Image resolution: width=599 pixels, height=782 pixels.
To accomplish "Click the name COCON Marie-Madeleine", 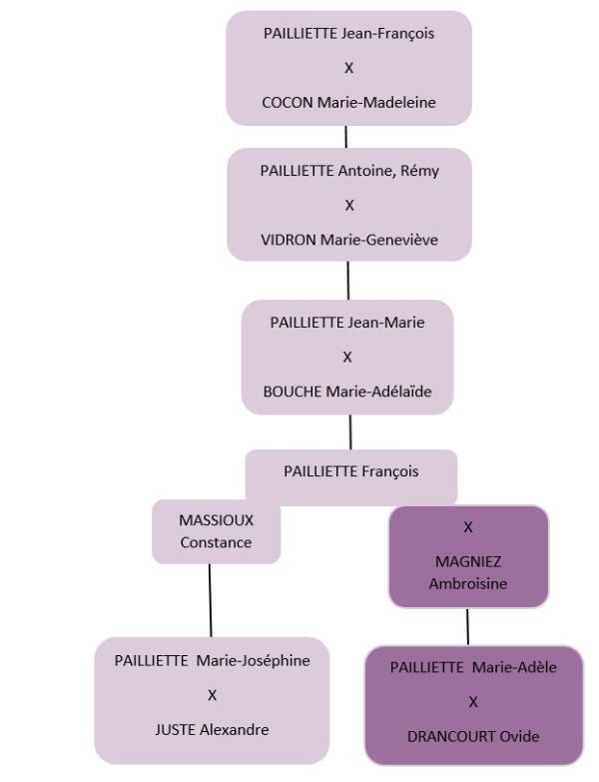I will pos(348,102).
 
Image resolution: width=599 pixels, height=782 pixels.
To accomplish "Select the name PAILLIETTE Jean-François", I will pos(348,34).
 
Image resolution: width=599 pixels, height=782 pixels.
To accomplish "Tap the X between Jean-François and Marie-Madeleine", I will pos(348,68).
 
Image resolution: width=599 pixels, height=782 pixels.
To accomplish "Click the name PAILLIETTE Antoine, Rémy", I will pos(349,171).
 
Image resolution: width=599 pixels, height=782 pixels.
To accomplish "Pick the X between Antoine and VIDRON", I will pos(349,205).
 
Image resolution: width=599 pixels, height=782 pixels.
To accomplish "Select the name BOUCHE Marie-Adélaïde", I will pos(348,391).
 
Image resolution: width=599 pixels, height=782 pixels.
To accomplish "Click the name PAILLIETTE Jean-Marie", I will pos(347,323).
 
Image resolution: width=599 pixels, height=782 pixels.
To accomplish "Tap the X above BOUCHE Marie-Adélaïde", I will pos(347,357).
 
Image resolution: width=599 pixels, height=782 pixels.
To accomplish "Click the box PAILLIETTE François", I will pos(351,472).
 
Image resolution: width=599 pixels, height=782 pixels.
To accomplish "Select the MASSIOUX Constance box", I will pos(216,531).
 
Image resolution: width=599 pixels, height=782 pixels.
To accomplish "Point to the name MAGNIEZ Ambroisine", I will pos(468,573).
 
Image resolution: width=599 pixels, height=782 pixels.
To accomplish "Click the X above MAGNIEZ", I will pos(468,525).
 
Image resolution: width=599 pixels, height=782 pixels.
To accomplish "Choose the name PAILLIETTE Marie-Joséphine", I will pos(212,660).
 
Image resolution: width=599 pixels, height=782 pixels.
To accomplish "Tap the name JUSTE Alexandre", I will pos(212,729).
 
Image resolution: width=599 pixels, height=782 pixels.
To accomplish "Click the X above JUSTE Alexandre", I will pos(212,694).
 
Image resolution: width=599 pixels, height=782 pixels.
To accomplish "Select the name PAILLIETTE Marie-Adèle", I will pos(473,667).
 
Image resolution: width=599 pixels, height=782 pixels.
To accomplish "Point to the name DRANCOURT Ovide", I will pos(473,737).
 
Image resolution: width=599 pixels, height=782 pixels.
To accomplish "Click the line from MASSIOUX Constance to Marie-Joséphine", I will pos(210,599).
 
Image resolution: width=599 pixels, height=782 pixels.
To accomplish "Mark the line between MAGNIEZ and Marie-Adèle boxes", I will pos(467,626).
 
